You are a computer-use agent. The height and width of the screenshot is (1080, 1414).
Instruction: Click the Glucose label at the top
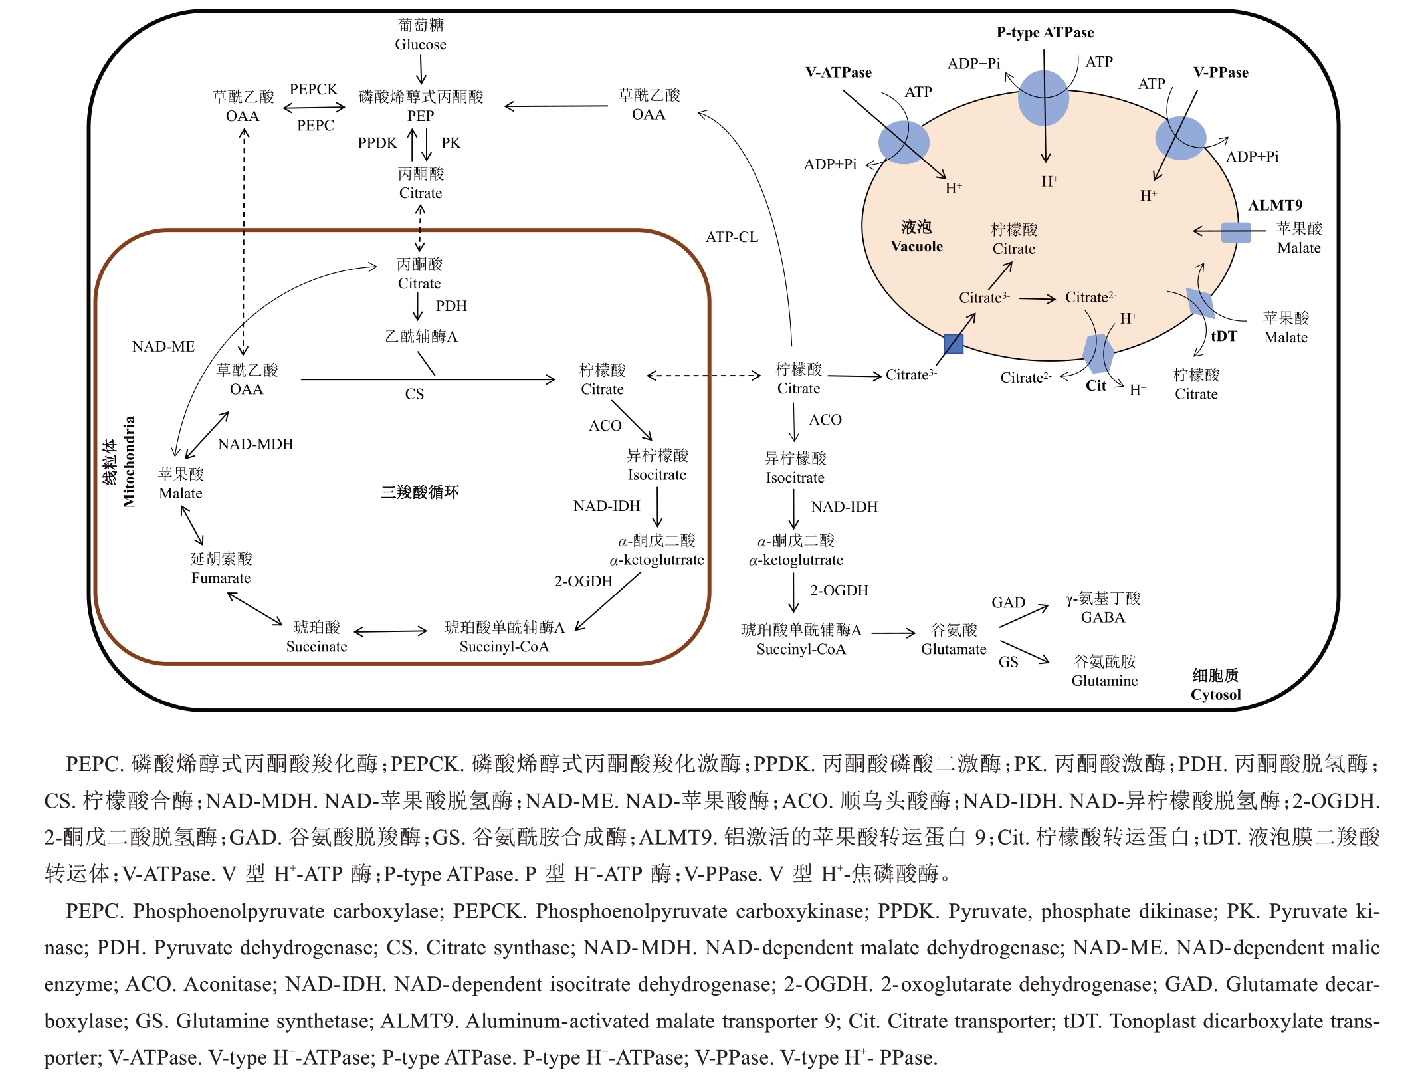[420, 44]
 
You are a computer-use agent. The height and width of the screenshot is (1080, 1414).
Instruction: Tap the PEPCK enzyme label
[314, 89]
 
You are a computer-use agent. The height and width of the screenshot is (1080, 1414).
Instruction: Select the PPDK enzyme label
[377, 143]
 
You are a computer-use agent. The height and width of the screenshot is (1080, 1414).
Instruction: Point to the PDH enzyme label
[451, 306]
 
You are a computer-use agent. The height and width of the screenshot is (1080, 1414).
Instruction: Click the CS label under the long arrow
[414, 394]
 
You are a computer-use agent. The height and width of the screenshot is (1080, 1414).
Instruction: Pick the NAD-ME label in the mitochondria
[163, 346]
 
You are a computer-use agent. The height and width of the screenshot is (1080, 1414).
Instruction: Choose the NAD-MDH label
[255, 444]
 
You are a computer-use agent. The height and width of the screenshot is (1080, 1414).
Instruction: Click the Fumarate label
[221, 578]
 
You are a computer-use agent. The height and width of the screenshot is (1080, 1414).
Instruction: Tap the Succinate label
[316, 646]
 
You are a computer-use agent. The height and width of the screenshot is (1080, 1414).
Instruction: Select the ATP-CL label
[732, 237]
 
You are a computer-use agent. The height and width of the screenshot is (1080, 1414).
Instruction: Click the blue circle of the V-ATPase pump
[904, 142]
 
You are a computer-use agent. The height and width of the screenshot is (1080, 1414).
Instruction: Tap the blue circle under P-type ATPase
[1043, 98]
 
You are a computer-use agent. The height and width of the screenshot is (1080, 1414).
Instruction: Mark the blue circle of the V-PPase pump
[1180, 138]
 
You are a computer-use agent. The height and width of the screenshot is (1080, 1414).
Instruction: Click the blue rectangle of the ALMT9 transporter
[1236, 233]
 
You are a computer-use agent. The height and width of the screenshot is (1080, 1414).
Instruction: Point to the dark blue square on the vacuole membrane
[954, 344]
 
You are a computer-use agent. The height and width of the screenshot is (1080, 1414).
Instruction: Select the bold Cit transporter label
[1096, 385]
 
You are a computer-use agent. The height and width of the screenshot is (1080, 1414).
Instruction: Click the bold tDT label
[1223, 336]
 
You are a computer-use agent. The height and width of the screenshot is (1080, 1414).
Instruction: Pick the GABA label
[1103, 617]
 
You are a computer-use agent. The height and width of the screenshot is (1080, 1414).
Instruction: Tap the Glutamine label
[1104, 680]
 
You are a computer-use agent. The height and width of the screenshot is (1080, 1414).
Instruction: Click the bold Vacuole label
[916, 246]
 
